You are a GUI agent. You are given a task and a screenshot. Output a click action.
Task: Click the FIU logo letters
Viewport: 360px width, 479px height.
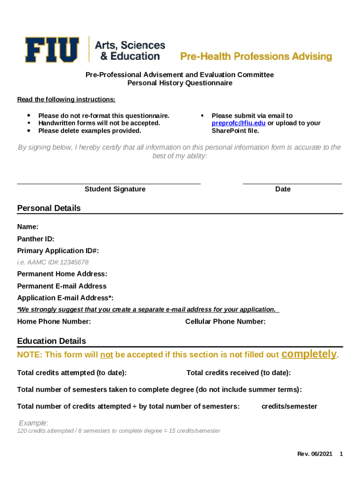(52, 50)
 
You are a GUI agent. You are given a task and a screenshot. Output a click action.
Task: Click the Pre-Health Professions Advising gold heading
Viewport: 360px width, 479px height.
(256, 57)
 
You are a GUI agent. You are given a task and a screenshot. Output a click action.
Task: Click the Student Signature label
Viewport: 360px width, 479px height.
(115, 189)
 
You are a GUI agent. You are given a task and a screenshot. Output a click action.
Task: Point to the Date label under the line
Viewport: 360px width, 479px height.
(283, 189)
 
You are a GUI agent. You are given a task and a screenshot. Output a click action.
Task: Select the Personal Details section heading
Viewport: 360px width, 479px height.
(49, 208)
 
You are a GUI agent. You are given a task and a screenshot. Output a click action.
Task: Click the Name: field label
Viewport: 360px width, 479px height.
(28, 227)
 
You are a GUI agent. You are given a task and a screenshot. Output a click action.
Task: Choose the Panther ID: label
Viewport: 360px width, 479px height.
(36, 239)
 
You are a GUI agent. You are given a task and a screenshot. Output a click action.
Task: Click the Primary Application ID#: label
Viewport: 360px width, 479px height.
(58, 251)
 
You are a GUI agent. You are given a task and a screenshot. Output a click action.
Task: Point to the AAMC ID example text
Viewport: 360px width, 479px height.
(53, 262)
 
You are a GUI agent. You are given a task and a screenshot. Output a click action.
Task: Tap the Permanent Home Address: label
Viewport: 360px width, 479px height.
(62, 274)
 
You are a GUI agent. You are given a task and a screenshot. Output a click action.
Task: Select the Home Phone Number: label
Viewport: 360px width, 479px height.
(54, 321)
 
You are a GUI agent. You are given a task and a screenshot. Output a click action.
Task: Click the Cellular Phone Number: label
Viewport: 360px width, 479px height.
(225, 321)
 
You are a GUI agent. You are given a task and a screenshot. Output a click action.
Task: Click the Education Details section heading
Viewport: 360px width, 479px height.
(51, 341)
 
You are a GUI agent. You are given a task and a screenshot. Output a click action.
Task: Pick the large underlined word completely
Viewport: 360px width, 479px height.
(309, 354)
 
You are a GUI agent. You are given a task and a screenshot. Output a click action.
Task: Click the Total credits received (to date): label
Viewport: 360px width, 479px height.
(238, 373)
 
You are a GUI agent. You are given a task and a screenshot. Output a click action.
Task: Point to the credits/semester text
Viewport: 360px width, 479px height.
(289, 406)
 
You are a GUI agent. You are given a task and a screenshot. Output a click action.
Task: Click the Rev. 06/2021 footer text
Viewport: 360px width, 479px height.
(315, 454)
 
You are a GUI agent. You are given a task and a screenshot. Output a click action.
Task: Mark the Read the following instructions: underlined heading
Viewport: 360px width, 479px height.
(66, 100)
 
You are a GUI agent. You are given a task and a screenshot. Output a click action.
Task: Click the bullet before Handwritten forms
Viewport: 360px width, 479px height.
(29, 123)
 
